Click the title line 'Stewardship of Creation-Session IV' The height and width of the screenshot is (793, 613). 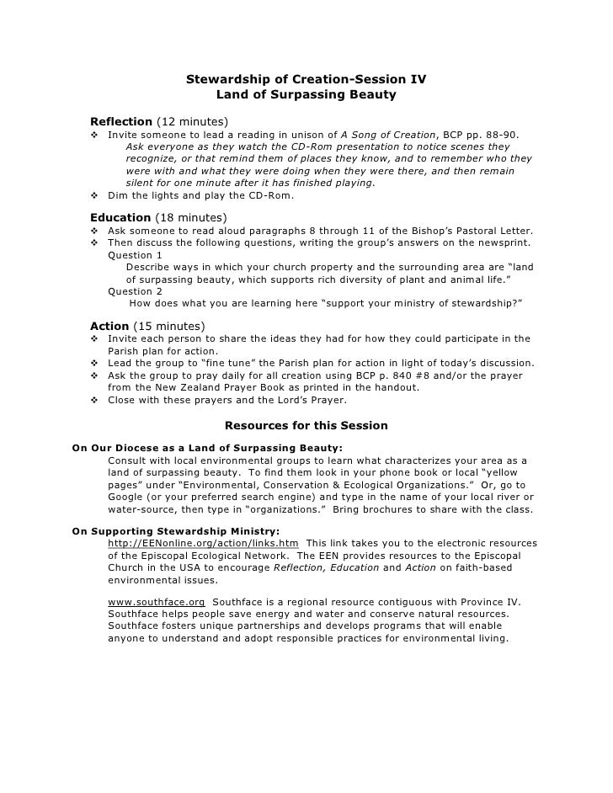click(306, 80)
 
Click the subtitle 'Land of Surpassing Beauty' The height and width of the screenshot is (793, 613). click(306, 95)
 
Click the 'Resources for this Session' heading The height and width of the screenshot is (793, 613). click(306, 425)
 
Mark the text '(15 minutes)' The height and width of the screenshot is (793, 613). click(168, 326)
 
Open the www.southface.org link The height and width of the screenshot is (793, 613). click(157, 602)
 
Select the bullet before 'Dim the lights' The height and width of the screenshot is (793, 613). click(94, 195)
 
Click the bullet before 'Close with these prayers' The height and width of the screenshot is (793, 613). click(94, 401)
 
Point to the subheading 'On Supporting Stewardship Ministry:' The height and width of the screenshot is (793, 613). click(176, 531)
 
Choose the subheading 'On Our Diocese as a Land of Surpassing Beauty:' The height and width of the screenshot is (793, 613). click(207, 448)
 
